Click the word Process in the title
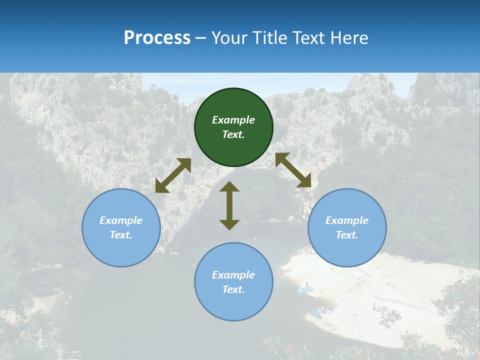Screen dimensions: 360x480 point(157,38)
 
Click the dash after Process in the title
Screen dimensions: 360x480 point(201,38)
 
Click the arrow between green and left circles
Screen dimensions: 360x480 point(173,175)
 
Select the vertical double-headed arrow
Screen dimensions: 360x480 point(229,205)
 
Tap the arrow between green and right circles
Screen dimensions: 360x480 point(293,170)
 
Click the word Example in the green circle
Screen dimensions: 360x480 point(233,120)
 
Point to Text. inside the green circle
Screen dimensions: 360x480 point(233,134)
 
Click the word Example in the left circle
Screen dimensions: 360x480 point(121,220)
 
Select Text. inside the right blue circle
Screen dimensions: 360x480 point(347,235)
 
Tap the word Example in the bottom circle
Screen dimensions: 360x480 point(233,275)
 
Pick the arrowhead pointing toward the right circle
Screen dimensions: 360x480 point(304,181)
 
